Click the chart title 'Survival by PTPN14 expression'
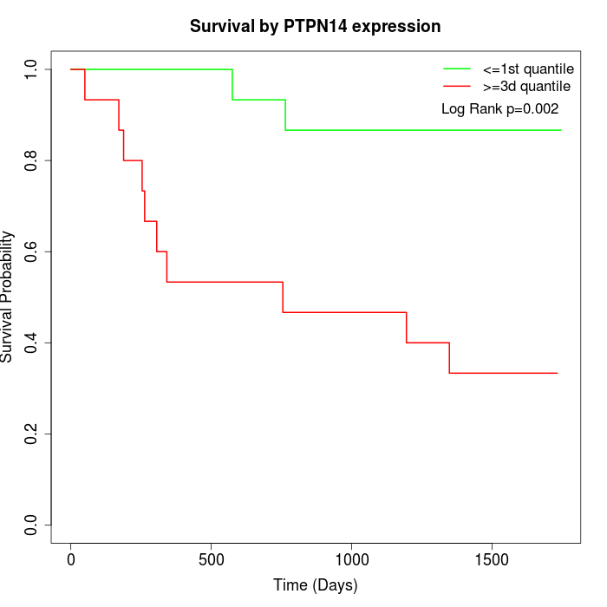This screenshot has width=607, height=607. coord(315,27)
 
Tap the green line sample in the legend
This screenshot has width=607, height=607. coord(457,69)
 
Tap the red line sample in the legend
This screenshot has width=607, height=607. coord(457,87)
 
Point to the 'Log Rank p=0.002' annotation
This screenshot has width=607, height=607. coord(499,109)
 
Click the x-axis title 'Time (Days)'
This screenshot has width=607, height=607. coord(315,585)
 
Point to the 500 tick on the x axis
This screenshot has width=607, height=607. coord(212,559)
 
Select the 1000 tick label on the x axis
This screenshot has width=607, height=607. coord(351,559)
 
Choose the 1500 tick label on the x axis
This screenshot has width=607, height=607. coord(492,559)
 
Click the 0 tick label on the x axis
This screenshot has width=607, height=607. coord(71,559)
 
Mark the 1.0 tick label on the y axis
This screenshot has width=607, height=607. coord(32,69)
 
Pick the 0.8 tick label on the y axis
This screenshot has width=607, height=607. coord(32,160)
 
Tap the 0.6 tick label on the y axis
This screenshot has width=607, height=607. coord(32,251)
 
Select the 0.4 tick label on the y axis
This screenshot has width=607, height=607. coord(32,343)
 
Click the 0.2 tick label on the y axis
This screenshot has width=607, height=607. coord(32,434)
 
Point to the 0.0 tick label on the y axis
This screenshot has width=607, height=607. coord(32,525)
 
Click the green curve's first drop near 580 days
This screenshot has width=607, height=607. coord(232,85)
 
